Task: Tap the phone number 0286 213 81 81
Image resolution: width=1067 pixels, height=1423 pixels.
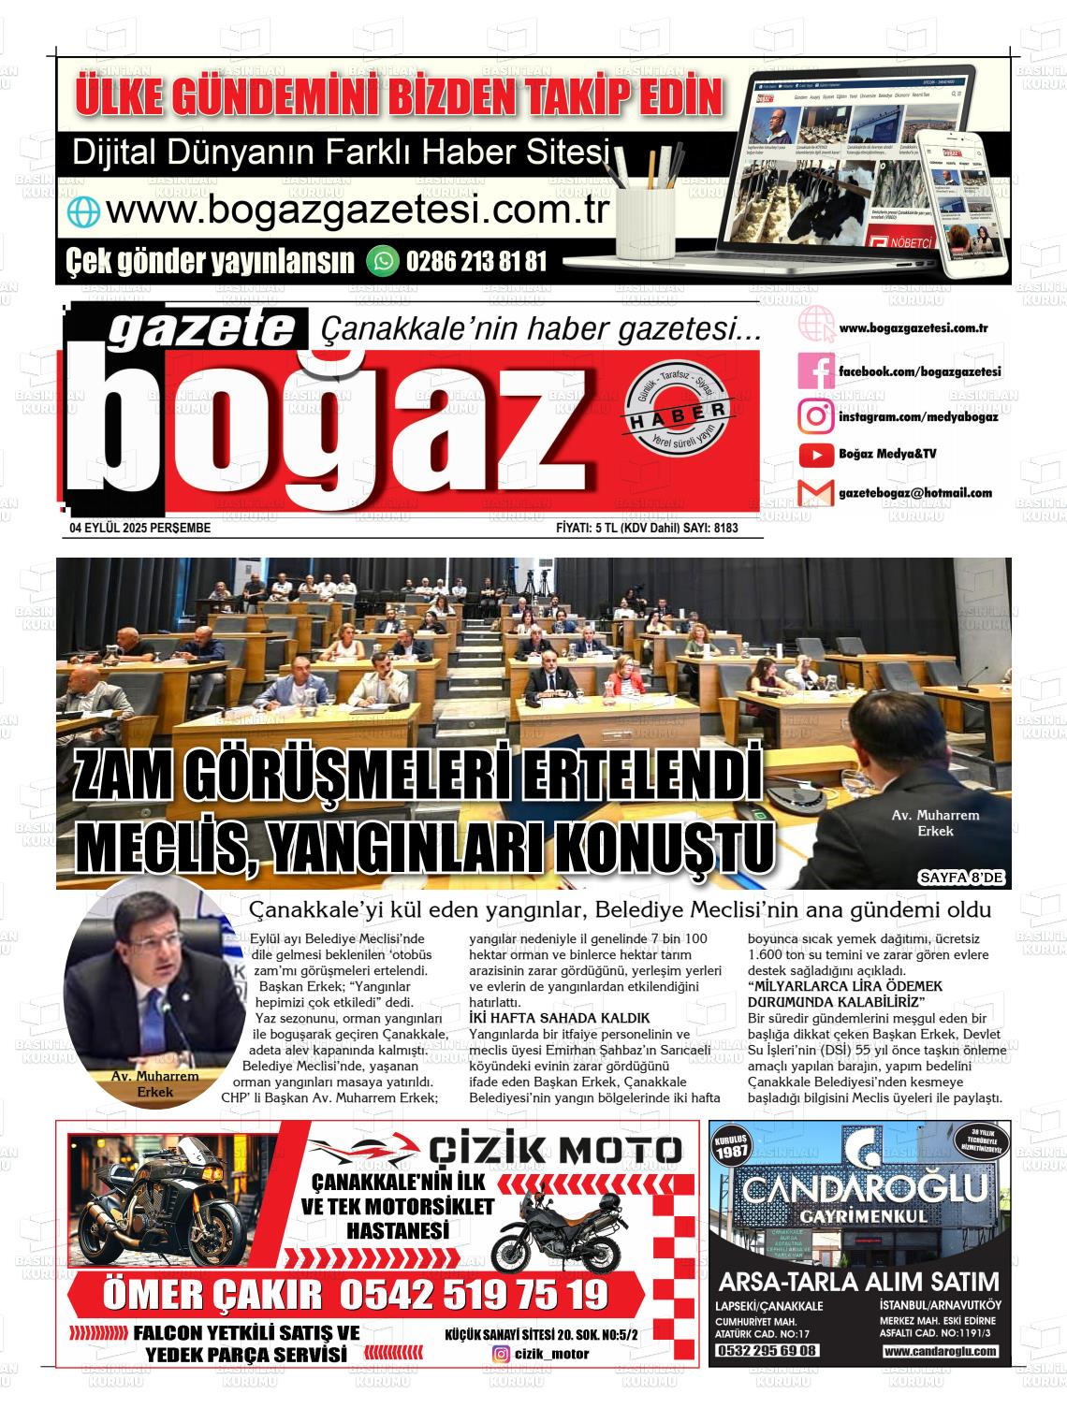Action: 476,261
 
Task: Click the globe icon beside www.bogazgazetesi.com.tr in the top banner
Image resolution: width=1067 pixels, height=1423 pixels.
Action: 82,212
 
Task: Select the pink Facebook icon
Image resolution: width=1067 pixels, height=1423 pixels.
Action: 815,371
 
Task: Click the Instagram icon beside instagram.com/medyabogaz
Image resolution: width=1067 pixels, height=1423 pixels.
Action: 815,415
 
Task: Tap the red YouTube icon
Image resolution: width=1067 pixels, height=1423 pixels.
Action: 815,455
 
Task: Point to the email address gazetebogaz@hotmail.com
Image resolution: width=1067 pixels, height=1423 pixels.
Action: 914,493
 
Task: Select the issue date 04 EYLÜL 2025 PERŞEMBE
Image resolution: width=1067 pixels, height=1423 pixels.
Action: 140,529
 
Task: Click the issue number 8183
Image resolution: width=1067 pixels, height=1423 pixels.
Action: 725,529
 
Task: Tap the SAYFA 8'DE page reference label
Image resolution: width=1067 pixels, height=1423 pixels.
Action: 961,878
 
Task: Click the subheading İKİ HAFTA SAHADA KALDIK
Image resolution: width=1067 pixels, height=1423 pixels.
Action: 559,1018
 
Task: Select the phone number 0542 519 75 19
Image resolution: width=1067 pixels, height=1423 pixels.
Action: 474,1295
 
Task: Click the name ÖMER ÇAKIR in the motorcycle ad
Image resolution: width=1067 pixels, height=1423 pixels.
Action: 212,1295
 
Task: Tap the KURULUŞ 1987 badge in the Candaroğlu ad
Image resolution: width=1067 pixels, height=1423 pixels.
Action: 731,1149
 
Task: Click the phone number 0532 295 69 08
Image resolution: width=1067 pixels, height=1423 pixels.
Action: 767,1351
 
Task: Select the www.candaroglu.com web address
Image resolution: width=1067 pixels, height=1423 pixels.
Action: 940,1351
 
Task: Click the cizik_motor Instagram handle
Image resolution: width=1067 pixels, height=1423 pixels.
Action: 552,1354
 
